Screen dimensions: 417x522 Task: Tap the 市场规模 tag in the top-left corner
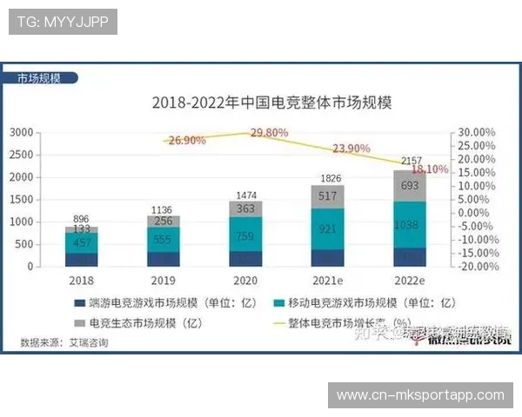click(39, 77)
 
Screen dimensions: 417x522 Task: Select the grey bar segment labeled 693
click(411, 186)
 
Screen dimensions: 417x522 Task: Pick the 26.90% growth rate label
click(188, 140)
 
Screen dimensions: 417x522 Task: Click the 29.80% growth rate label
click(269, 132)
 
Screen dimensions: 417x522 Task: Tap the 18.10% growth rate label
click(430, 169)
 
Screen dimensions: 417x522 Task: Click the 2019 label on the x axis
click(164, 281)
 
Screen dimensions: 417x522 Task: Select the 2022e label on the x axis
click(410, 281)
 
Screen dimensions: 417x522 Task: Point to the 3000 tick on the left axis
click(22, 132)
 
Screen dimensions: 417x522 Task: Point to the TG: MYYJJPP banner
click(62, 22)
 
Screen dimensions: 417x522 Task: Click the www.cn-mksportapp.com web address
click(420, 395)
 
